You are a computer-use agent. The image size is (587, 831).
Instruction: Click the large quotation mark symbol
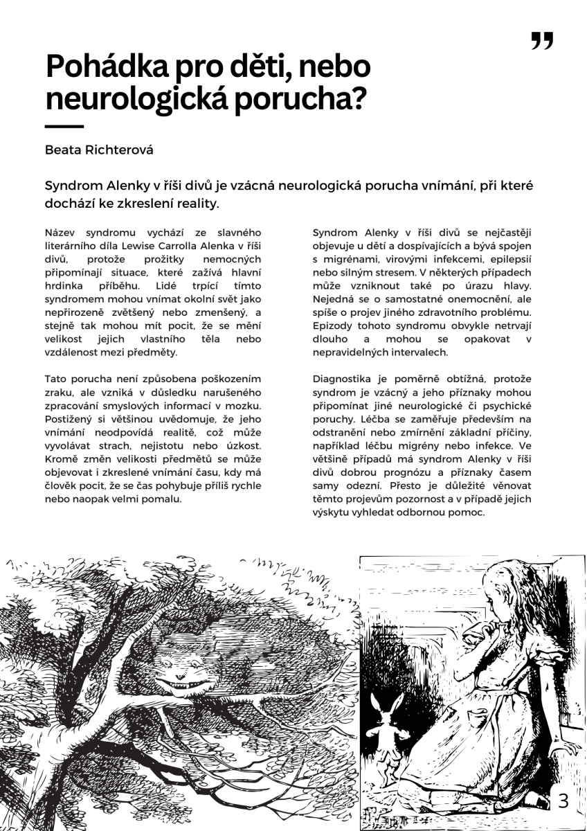pyautogui.click(x=542, y=41)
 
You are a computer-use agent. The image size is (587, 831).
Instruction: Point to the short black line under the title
pyautogui.click(x=64, y=127)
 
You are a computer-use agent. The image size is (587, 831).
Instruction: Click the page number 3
pyautogui.click(x=563, y=801)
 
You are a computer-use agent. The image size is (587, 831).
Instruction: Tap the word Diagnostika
pyautogui.click(x=343, y=379)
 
